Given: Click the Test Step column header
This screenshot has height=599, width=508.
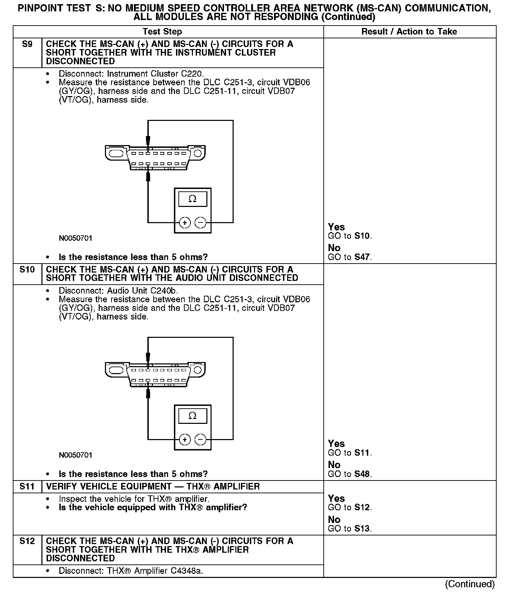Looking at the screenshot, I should [x=162, y=32].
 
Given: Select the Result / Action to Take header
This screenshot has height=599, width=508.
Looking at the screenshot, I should [x=409, y=32].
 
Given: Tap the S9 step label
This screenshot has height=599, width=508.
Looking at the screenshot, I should [x=27, y=44].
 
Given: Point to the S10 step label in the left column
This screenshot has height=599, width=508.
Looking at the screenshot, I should [x=27, y=269].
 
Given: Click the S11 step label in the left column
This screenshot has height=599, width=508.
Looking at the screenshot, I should [x=27, y=486].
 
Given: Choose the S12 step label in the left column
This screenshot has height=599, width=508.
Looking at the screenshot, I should [x=27, y=541].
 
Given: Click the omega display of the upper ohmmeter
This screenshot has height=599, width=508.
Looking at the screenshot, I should [x=193, y=199].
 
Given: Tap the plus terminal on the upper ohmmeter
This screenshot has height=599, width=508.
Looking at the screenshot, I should [x=185, y=223].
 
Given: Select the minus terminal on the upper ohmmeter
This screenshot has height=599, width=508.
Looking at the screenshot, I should [x=201, y=223].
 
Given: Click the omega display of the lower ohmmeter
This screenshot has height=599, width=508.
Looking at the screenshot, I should [x=193, y=416].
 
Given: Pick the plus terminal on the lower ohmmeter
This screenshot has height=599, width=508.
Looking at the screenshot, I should [x=185, y=439].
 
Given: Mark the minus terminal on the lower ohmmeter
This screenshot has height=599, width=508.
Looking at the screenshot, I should [x=201, y=439].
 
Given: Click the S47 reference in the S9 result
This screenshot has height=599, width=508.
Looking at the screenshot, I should [x=363, y=257].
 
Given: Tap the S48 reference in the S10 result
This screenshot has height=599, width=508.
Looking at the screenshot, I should [x=363, y=474].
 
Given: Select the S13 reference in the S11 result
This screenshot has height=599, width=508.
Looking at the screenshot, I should [x=363, y=529].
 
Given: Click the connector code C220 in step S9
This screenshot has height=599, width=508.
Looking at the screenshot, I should [x=192, y=74].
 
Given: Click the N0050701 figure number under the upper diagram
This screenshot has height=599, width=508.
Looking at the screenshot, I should [x=76, y=238].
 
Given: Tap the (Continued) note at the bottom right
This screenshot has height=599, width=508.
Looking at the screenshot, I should [x=470, y=584].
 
